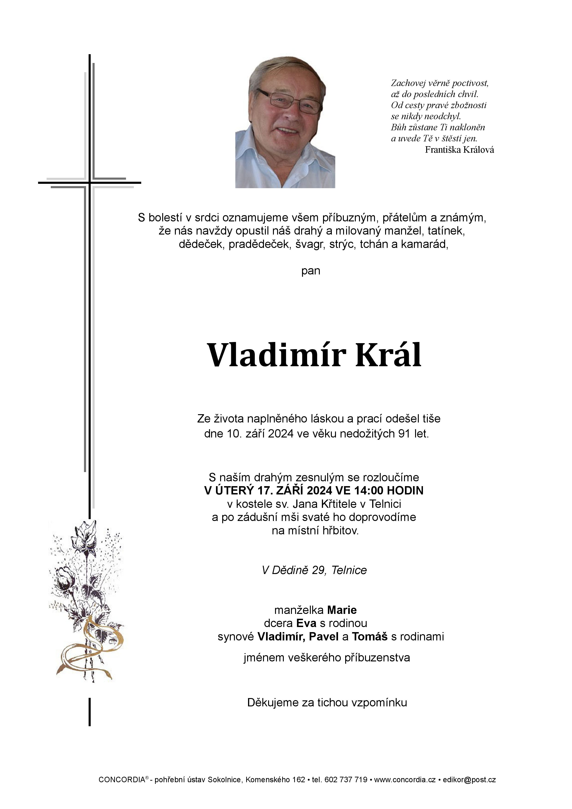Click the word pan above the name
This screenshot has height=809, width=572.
(x=311, y=271)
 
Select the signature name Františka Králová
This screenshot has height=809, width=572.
(x=459, y=150)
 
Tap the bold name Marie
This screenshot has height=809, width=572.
(x=342, y=610)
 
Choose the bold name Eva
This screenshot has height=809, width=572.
(x=306, y=623)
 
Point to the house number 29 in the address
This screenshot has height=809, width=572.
(x=319, y=570)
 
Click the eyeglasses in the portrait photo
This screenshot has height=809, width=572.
(x=289, y=100)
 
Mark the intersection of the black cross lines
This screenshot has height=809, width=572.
(x=90, y=182)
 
